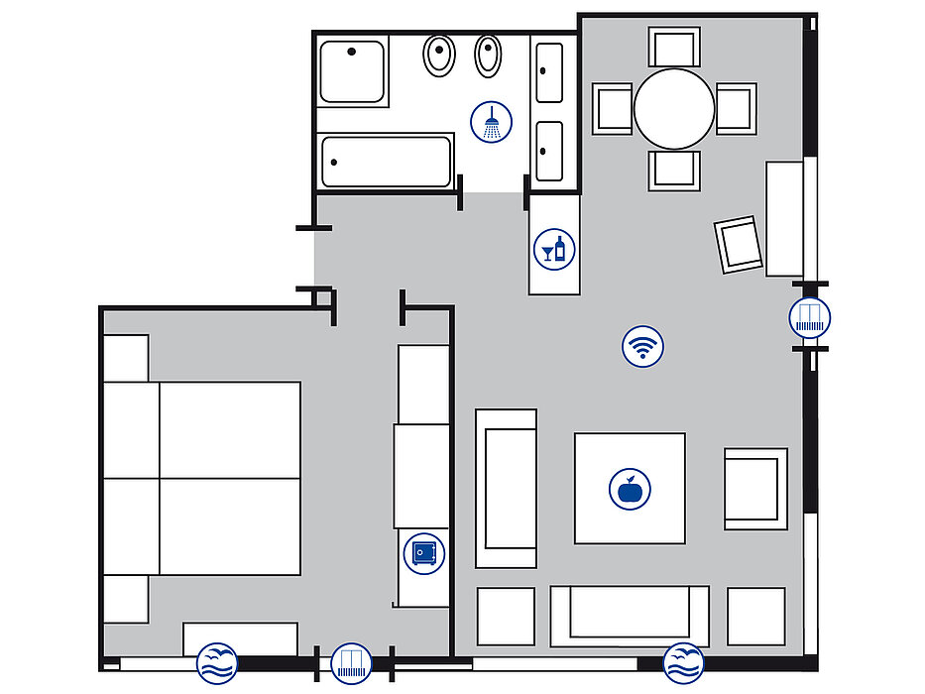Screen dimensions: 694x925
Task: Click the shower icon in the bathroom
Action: click(492, 123)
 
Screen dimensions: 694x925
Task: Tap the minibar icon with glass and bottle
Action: click(553, 248)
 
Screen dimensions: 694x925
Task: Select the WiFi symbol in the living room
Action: click(642, 348)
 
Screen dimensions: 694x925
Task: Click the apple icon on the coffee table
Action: click(630, 489)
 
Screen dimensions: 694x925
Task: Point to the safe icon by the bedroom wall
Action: click(422, 552)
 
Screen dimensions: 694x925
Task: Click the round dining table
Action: click(674, 108)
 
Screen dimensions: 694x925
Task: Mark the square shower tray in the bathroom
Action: click(352, 71)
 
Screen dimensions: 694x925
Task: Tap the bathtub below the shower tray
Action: click(387, 162)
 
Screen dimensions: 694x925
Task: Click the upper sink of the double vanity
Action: click(549, 72)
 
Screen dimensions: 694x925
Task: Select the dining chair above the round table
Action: click(674, 47)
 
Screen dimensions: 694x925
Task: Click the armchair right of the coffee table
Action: click(755, 488)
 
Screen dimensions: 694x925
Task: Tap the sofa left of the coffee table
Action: click(506, 488)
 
